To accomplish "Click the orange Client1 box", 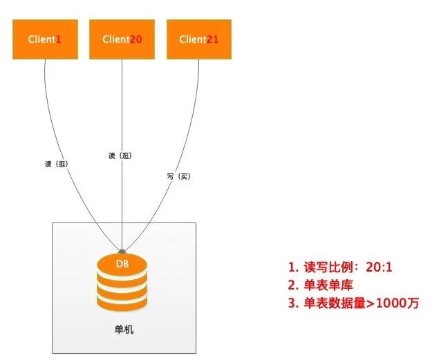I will (45, 39).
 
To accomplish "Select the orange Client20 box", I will (122, 39).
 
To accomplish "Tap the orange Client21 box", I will (199, 39).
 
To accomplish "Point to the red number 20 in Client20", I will (136, 39).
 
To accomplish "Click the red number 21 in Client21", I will (212, 39).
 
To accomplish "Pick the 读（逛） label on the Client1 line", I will (56, 164).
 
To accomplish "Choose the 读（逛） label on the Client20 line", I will (120, 155).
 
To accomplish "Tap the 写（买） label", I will (178, 176).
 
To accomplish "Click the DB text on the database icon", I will (122, 264).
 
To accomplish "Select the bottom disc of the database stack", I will (122, 303).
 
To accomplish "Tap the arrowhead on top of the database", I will (122, 250).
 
